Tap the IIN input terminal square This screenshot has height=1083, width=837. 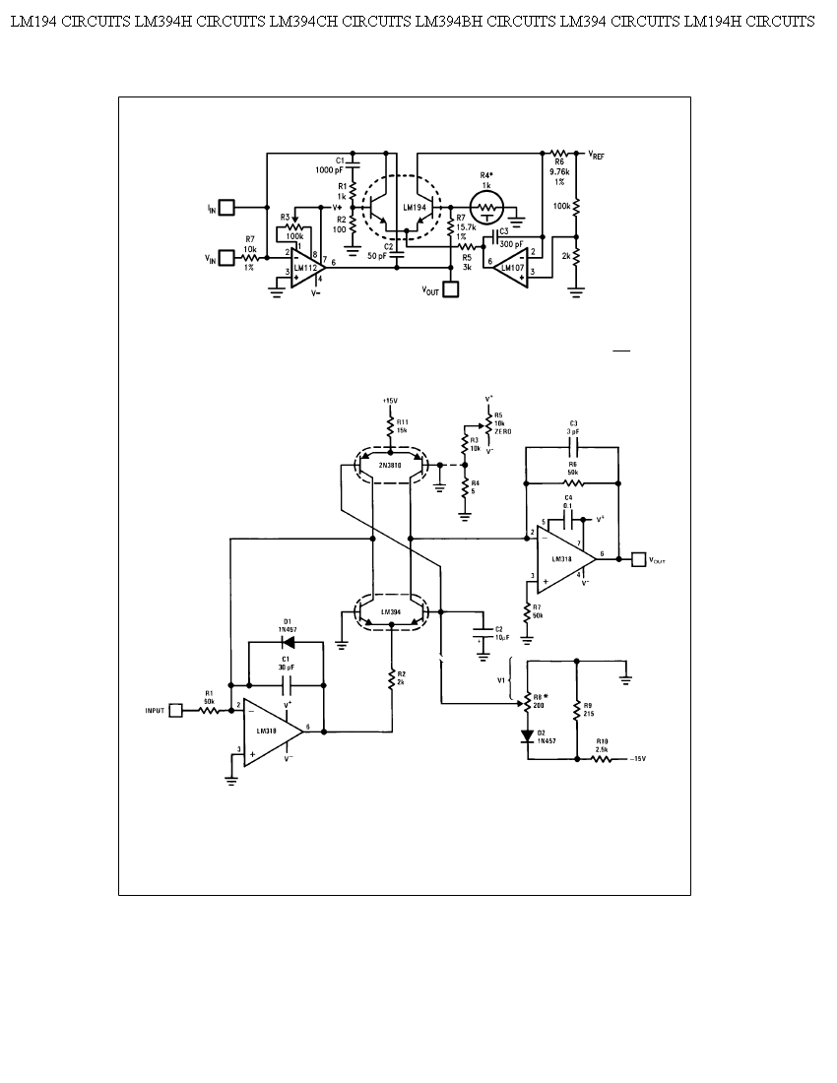(x=225, y=208)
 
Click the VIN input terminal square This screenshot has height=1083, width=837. (x=225, y=258)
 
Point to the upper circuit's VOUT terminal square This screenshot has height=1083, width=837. (x=451, y=290)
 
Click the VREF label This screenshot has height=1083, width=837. (x=597, y=156)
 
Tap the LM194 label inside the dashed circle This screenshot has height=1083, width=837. (x=415, y=208)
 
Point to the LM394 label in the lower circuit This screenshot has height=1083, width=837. (x=391, y=611)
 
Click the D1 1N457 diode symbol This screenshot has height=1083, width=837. (x=287, y=642)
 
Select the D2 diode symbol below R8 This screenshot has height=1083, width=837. (x=527, y=732)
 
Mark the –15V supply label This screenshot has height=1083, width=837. (x=637, y=759)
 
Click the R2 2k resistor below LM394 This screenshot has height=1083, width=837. (x=391, y=680)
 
